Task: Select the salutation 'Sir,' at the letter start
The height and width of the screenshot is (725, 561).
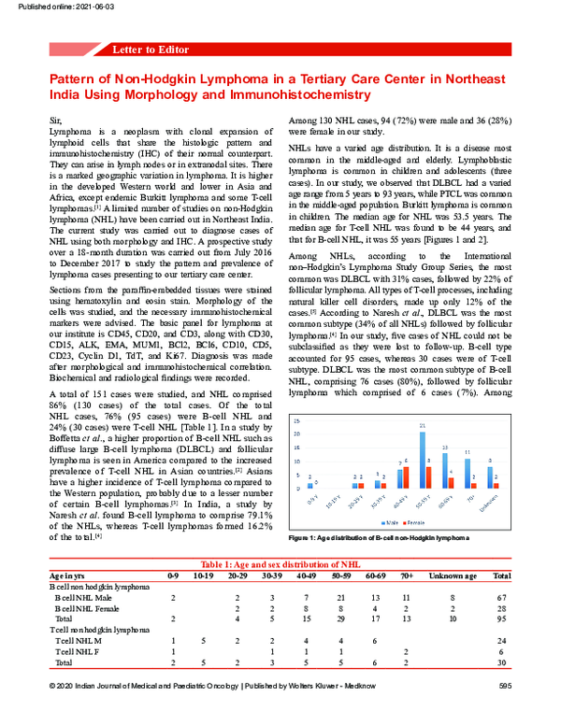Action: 56,122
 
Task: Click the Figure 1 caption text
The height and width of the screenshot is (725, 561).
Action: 375,539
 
